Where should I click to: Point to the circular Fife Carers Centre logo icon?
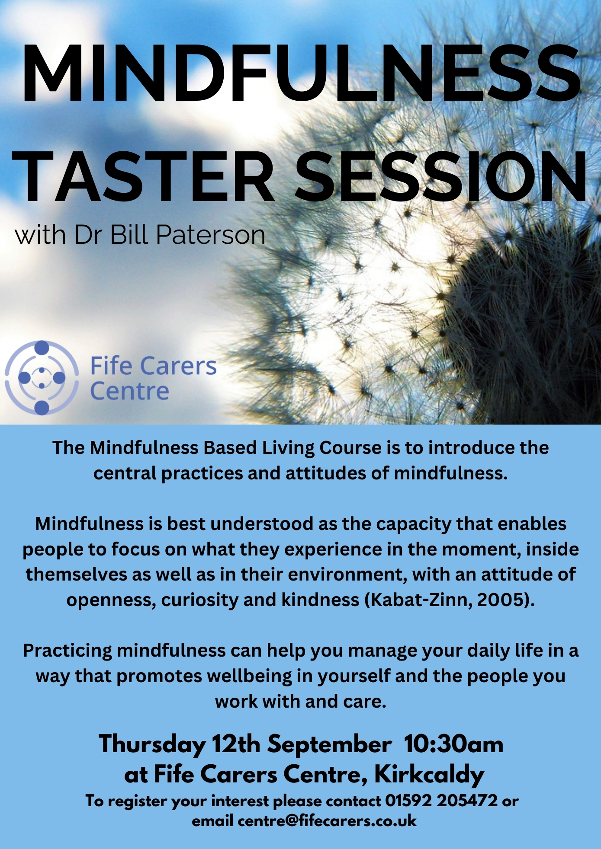click(42, 377)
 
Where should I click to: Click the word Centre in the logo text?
click(129, 391)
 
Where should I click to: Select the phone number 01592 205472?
click(441, 801)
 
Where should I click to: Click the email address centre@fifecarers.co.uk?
click(327, 820)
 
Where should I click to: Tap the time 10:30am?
click(454, 744)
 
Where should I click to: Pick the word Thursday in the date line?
click(152, 745)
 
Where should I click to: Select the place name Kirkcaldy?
click(429, 775)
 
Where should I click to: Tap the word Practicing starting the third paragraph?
click(67, 651)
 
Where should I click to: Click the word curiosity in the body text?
click(200, 600)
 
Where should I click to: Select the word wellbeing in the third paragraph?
click(250, 677)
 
